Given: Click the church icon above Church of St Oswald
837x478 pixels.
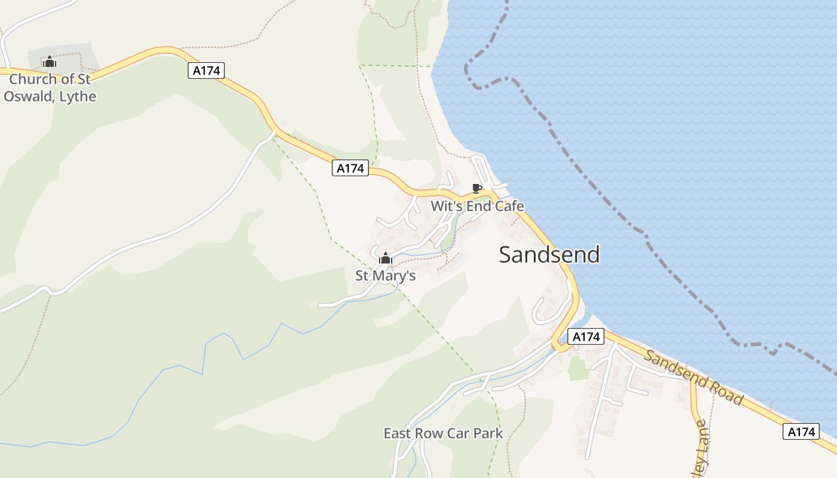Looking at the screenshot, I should [x=49, y=62].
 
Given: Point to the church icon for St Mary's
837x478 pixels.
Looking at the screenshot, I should [x=386, y=259].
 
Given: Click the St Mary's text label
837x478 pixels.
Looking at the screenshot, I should [x=386, y=276].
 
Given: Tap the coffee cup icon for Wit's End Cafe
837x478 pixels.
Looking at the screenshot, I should [x=476, y=189].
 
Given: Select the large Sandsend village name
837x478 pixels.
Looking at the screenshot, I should [x=549, y=255].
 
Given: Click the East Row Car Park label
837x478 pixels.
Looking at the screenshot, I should [x=443, y=434].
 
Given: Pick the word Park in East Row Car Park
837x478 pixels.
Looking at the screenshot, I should [x=488, y=434].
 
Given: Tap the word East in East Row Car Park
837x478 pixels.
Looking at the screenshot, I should [x=397, y=434].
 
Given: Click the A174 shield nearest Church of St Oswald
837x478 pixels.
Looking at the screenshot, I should [x=206, y=71].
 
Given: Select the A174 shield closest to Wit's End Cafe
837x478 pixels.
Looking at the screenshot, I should [x=350, y=168].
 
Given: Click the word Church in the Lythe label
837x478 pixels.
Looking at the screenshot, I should [x=33, y=79].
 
